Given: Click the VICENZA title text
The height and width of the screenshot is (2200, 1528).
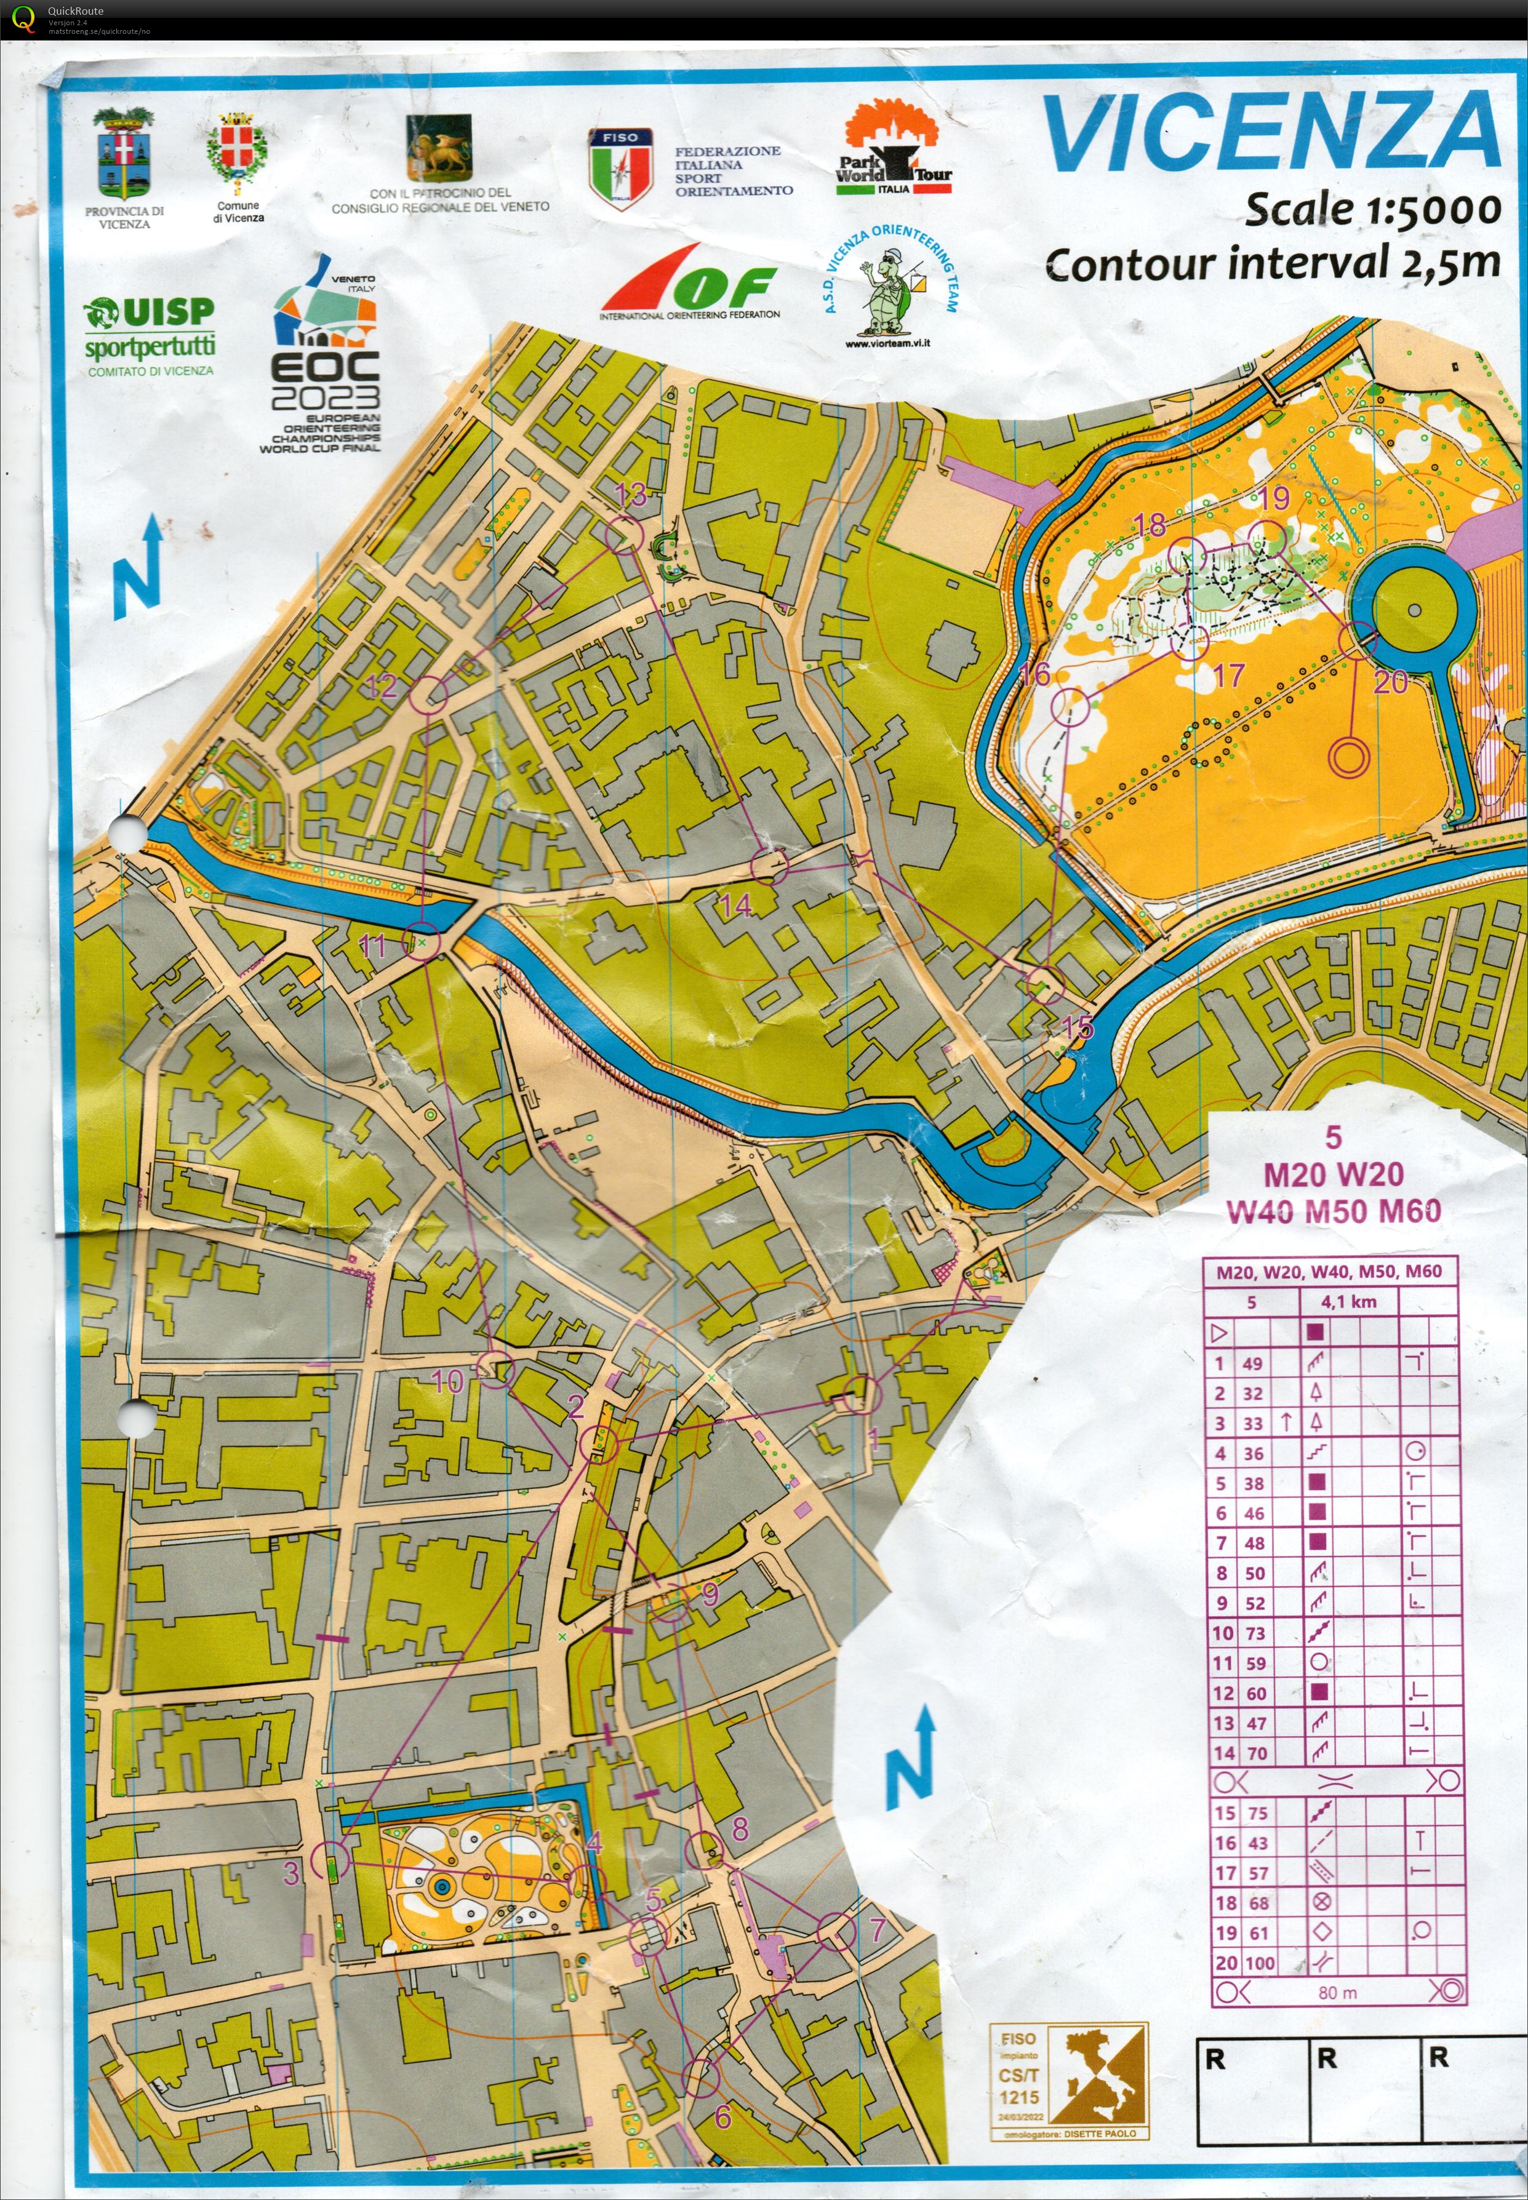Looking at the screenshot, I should [x=1271, y=134].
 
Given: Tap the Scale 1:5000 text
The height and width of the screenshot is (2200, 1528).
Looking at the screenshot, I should [x=1372, y=210].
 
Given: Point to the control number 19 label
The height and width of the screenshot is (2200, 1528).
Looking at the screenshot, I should [x=1274, y=498].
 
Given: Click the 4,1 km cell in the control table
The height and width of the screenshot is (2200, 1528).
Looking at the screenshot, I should [x=1348, y=1301].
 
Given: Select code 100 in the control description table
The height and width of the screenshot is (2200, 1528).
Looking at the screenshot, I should [x=1259, y=1963].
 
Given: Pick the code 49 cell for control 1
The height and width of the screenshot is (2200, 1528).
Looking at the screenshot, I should [x=1252, y=1364].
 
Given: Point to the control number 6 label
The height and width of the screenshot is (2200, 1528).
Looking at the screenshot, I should [x=723, y=2116].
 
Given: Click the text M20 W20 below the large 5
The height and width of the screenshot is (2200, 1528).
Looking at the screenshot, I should [x=1333, y=1174].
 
